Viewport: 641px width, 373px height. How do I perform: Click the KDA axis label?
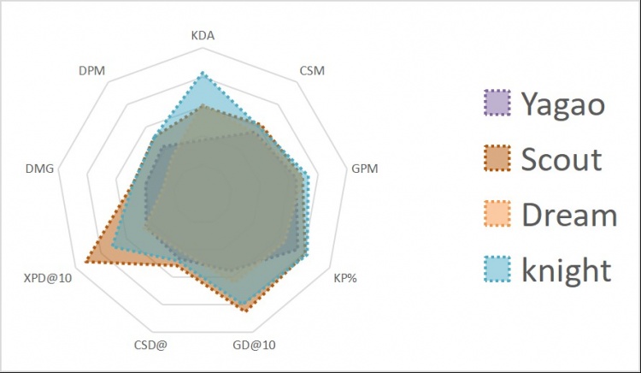[x=203, y=37]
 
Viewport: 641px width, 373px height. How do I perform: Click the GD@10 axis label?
[x=254, y=346]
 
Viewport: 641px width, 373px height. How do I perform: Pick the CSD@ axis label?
[x=150, y=346]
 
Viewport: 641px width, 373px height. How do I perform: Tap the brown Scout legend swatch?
[x=497, y=159]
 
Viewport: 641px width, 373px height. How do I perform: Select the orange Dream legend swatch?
[x=497, y=214]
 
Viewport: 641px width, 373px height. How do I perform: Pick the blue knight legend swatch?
[x=497, y=269]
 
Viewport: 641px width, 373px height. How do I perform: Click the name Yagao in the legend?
[x=563, y=105]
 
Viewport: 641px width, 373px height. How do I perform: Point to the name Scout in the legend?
[x=561, y=159]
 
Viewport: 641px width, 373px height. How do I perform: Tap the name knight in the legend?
[x=567, y=269]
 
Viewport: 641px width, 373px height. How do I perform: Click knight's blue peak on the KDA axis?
[x=203, y=73]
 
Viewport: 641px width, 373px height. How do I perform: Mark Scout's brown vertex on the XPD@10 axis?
[x=87, y=262]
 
